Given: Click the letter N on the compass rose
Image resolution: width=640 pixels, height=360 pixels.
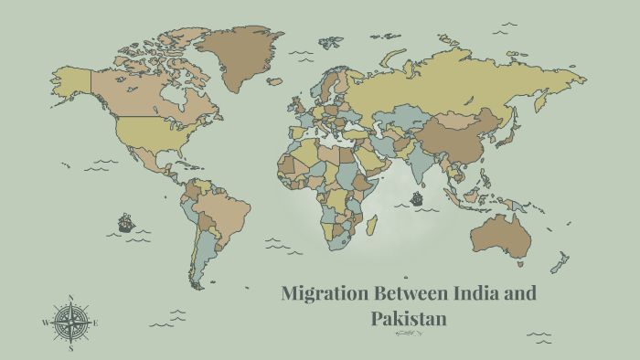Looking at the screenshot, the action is [70, 298].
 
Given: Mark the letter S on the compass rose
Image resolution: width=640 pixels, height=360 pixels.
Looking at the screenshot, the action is [70, 348].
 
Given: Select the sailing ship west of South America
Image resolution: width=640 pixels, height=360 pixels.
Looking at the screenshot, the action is [124, 222].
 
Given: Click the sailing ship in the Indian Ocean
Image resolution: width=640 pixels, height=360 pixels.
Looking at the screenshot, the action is [417, 198].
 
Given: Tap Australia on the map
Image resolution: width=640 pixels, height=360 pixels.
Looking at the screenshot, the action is [501, 235].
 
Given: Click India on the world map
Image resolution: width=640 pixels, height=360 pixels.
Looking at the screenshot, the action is [423, 163].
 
